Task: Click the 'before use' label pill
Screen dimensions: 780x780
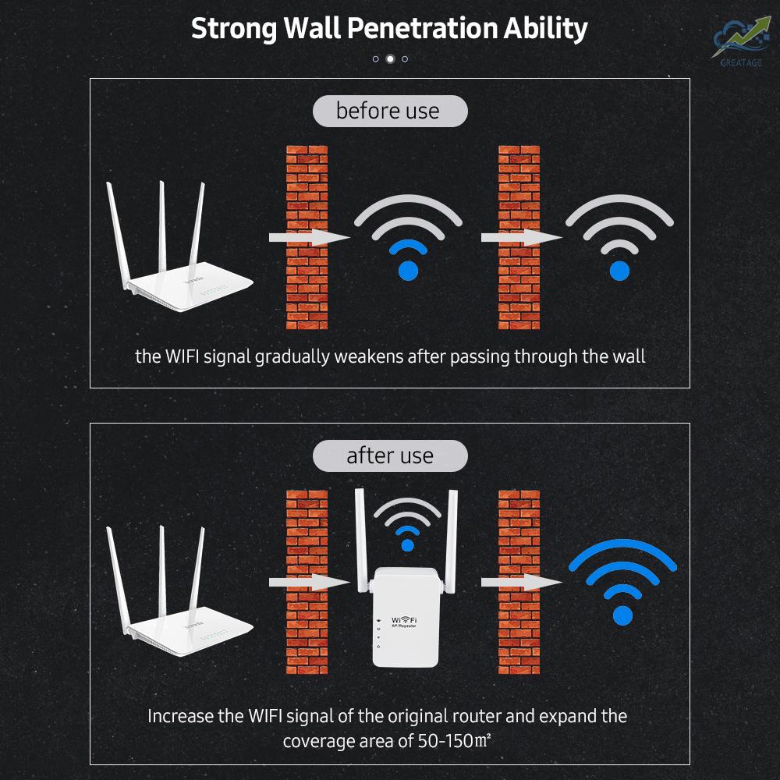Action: click(389, 112)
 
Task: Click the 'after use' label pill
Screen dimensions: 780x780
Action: click(389, 456)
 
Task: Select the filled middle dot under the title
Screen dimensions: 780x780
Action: click(390, 58)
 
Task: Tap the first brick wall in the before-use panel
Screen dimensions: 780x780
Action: click(307, 237)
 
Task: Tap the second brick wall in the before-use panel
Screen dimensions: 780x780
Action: click(519, 237)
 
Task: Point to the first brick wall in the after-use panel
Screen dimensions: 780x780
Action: click(307, 582)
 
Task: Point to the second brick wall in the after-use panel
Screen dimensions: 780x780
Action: click(519, 582)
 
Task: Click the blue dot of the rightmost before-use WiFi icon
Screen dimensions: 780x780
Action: click(619, 271)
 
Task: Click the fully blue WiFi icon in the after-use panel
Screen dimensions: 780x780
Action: click(622, 581)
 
